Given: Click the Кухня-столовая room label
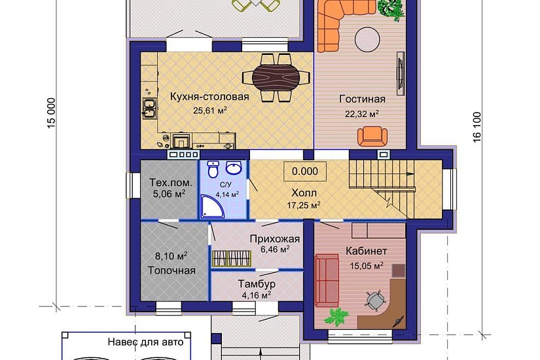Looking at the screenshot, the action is (x=209, y=96).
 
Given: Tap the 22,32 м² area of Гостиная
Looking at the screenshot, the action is (x=362, y=114).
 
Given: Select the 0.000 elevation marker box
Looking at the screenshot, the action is (x=305, y=171).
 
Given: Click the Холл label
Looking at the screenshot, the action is (x=304, y=192).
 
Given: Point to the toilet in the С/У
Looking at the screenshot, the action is (x=213, y=169).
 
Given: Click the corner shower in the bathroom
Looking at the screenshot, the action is (x=211, y=207).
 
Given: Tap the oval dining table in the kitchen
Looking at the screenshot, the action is (x=276, y=77).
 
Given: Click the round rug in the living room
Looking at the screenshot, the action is (x=367, y=40).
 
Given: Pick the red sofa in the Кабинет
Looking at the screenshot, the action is (x=326, y=279).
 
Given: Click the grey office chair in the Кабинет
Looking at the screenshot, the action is (x=374, y=300).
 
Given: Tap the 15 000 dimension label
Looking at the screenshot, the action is (x=51, y=113).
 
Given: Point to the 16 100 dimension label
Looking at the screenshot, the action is (x=477, y=127).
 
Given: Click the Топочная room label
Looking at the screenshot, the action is (x=171, y=270).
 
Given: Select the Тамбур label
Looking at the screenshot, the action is (x=257, y=284).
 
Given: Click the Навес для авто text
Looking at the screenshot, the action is (x=146, y=342).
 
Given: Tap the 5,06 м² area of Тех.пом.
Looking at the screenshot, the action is (x=169, y=194).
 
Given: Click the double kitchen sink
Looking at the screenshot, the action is (x=149, y=108).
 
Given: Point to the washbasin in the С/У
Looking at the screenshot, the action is (x=234, y=168).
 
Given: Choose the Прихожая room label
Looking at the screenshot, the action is (x=275, y=239).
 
